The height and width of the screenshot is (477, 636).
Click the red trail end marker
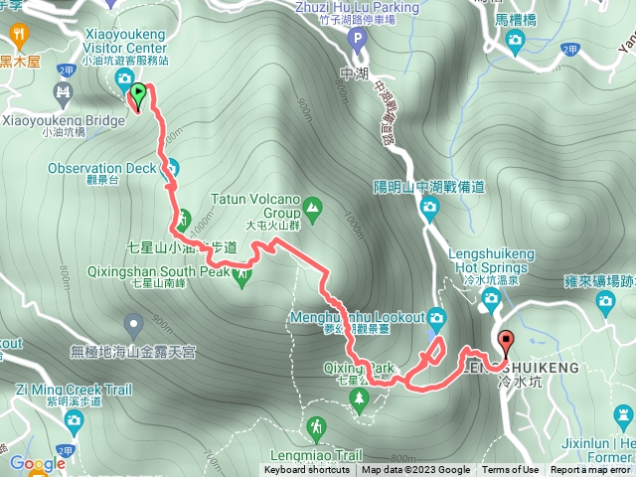[506, 344]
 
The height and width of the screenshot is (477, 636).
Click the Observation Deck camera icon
[171, 168]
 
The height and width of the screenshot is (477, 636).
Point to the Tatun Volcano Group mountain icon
[313, 207]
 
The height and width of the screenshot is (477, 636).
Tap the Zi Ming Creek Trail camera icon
[72, 421]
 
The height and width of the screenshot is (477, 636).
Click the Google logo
[37, 463]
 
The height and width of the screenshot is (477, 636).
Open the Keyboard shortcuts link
[307, 470]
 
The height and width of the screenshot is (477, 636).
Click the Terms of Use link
[511, 470]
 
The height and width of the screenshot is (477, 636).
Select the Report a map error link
[590, 470]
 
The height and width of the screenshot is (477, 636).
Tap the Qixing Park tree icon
[359, 398]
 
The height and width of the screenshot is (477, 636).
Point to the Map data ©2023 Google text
[416, 470]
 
